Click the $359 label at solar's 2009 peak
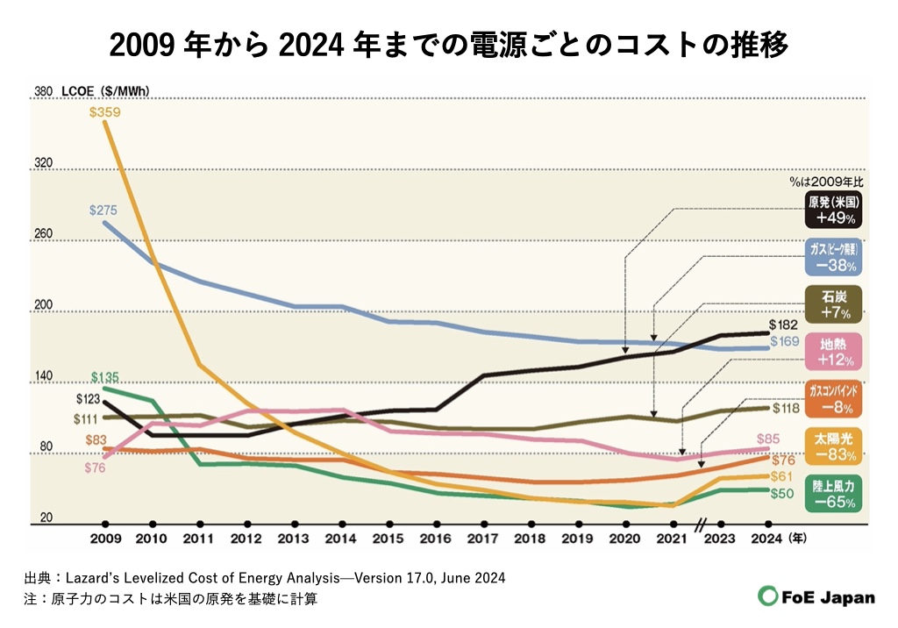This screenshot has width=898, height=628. tap(104, 112)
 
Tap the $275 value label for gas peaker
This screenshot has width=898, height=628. tap(104, 211)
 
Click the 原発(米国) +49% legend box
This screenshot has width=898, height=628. tap(831, 211)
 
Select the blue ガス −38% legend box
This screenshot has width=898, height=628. tap(831, 257)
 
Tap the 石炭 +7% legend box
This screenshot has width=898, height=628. tap(831, 303)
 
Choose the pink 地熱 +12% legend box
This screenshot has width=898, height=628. tap(831, 351)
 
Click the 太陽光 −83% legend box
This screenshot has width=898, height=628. tap(831, 446)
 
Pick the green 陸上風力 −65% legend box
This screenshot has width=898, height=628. tap(831, 493)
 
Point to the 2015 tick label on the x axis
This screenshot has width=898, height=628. tap(388, 538)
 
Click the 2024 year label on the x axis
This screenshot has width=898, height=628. tap(766, 538)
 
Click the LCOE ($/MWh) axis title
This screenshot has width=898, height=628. tap(105, 90)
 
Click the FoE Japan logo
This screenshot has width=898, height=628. tap(816, 596)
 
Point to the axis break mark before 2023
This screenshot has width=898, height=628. tap(701, 525)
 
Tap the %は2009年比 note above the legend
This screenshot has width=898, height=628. tap(825, 182)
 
